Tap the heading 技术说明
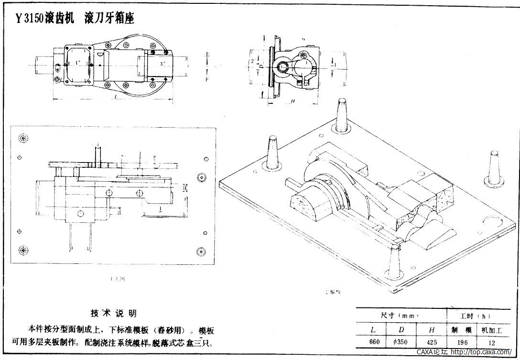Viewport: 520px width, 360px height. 114,313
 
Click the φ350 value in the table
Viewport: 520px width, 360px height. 401,342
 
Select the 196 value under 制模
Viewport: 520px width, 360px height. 461,342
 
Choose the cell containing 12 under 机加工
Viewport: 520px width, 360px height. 492,342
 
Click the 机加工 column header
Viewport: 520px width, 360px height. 492,330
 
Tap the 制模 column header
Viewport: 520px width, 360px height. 461,330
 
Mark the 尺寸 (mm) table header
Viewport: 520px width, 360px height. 401,316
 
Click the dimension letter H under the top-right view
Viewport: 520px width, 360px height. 292,101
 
